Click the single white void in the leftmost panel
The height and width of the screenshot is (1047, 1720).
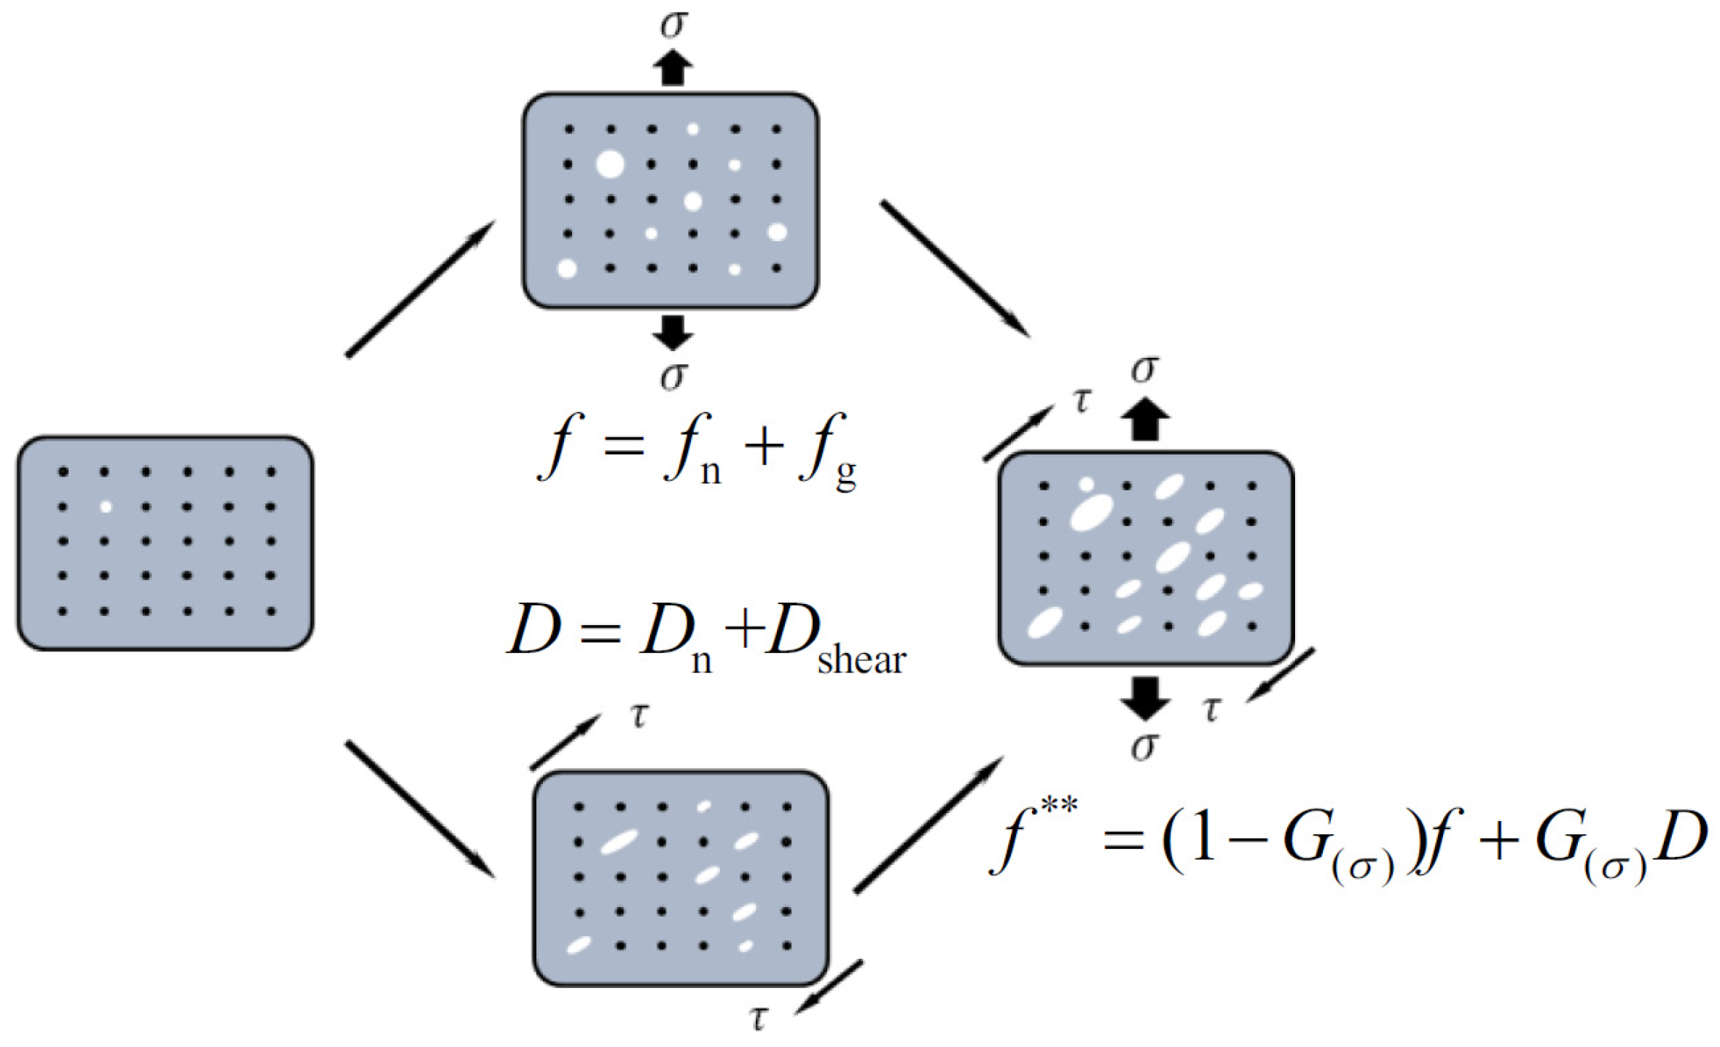coord(105,506)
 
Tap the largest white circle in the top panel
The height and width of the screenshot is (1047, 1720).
coord(610,164)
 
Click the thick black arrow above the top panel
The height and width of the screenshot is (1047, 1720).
coord(673,68)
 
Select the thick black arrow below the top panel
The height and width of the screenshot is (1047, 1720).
coord(673,332)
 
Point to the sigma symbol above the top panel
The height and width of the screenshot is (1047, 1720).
coord(673,24)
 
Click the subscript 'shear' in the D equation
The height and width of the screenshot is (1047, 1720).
coord(861,659)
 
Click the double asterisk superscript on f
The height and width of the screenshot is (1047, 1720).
coord(1058,808)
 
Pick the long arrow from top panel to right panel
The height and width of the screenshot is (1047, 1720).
coord(955,267)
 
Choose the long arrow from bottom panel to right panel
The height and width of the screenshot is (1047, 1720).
coord(929,824)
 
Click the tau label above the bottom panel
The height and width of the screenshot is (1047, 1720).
coord(639,716)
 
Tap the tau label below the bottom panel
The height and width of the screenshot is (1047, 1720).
coord(759,1019)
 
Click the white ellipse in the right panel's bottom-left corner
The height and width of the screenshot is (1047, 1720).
coord(1045,623)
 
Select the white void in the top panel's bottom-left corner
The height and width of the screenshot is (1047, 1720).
coord(567,268)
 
